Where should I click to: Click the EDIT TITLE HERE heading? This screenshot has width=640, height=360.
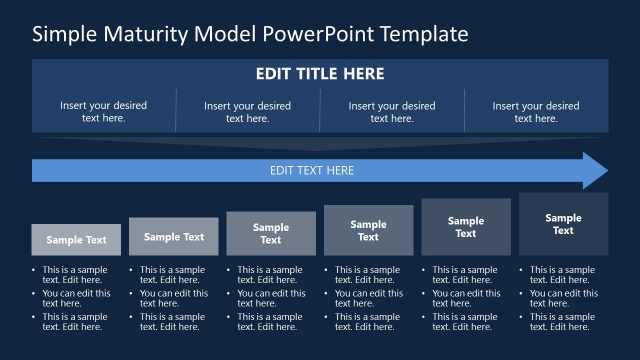(320, 74)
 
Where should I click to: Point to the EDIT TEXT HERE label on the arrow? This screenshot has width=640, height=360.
(312, 171)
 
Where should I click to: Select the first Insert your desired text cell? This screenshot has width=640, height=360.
(103, 111)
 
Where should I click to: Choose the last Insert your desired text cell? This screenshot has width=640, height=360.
(536, 111)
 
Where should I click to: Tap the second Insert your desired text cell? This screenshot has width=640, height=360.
(247, 111)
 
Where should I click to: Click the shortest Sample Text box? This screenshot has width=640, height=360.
(76, 240)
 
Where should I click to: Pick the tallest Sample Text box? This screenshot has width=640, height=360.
(563, 224)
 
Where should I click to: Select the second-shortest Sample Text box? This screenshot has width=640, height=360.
(173, 237)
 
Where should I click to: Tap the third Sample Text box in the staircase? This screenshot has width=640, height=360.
(271, 234)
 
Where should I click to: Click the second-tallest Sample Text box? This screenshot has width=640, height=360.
(466, 227)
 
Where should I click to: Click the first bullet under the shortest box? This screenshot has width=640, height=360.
(73, 275)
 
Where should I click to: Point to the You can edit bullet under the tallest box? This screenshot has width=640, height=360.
(562, 298)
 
